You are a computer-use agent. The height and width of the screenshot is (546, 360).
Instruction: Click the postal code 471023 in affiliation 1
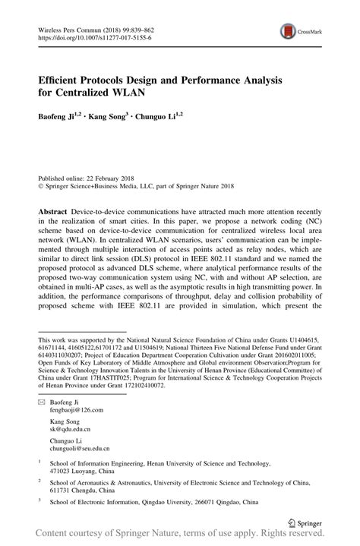pyautogui.click(x=62, y=469)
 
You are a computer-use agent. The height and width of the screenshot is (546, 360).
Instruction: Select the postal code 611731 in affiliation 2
pyautogui.click(x=62, y=489)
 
